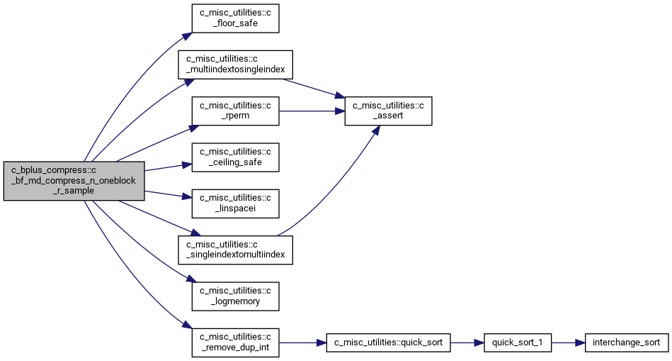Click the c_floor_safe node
[x=235, y=18]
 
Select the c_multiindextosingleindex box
[x=235, y=65]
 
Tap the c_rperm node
[x=235, y=111]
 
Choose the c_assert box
[x=388, y=111]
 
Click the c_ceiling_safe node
[x=235, y=157]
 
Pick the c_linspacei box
[x=235, y=204]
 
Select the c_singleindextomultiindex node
[x=235, y=250]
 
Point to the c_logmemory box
[x=235, y=296]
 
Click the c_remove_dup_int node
[x=235, y=343]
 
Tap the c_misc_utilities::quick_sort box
[x=388, y=343]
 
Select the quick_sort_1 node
[x=518, y=343]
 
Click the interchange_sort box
[x=627, y=343]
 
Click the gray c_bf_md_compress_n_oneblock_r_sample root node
[x=74, y=181]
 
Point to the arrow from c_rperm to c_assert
[x=312, y=111]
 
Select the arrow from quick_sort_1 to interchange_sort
[x=569, y=343]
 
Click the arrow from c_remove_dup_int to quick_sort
[x=302, y=343]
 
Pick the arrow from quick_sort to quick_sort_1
[x=467, y=343]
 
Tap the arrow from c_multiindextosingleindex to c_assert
[x=314, y=89]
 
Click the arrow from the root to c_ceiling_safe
[x=168, y=167]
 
